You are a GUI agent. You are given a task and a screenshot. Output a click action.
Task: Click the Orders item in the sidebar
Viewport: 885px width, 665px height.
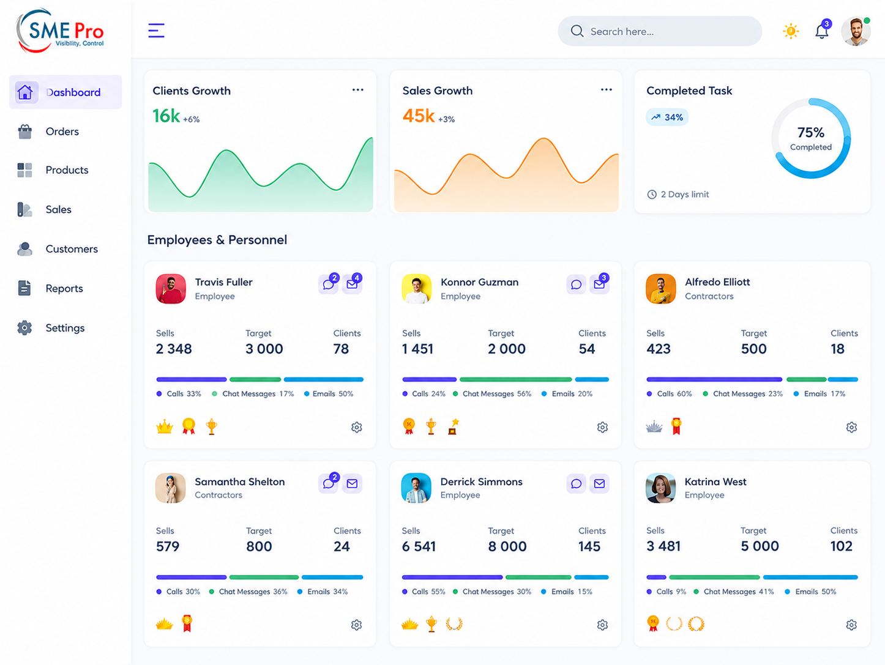point(62,132)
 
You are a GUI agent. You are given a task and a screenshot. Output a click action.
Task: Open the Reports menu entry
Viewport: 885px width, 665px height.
point(64,288)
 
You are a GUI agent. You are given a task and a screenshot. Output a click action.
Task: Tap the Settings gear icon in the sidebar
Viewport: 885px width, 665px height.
point(24,328)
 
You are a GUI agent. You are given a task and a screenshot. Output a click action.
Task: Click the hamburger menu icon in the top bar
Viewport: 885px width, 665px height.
point(156,31)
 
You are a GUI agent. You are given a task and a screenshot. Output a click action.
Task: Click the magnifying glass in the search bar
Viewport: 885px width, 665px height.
point(577,31)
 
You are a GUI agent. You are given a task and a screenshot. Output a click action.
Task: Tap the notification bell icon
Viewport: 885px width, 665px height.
point(822,31)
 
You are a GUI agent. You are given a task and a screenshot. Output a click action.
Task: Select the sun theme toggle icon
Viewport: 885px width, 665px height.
point(791,31)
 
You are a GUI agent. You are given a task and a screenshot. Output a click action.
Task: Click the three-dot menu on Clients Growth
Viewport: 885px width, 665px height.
point(357,90)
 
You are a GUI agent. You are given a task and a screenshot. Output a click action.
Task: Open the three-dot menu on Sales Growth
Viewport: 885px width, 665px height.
point(606,90)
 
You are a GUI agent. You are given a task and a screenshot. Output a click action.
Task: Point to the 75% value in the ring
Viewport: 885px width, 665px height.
point(810,132)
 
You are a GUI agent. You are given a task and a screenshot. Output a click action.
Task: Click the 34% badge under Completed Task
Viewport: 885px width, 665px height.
point(667,117)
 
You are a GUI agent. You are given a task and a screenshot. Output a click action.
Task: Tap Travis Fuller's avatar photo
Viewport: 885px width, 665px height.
point(171,289)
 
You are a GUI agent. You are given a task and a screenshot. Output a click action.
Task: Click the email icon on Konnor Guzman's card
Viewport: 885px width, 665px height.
point(599,284)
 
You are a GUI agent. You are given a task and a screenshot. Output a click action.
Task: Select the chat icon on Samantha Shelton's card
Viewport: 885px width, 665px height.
point(328,483)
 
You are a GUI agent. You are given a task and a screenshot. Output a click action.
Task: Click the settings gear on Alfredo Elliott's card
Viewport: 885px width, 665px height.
point(851,427)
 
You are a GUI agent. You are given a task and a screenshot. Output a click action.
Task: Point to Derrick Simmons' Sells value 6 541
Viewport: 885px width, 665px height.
point(419,546)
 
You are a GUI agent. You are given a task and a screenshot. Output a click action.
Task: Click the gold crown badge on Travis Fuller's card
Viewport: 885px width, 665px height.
point(165,426)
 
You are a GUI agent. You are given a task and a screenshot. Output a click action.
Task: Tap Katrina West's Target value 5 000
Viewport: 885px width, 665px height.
point(760,546)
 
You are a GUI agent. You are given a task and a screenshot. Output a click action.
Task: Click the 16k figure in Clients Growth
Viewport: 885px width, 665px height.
point(166,116)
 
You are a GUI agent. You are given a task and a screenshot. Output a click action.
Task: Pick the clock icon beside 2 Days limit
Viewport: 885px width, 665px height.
point(652,195)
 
